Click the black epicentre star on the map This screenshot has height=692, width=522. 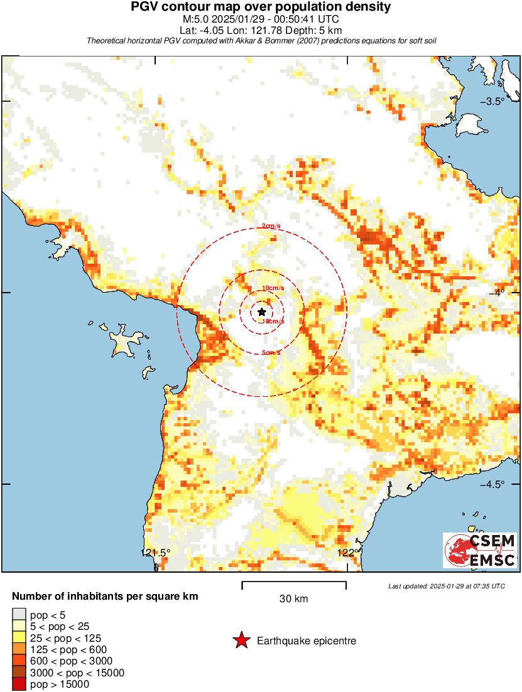261,311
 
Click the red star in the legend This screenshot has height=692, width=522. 241,641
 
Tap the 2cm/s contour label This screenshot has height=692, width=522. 271,226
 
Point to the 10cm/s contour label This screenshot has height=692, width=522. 271,288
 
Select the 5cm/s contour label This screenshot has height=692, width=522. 271,353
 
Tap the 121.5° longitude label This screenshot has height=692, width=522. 155,553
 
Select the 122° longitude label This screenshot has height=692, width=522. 346,553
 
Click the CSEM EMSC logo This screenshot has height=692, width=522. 481,551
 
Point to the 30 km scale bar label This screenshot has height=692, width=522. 293,598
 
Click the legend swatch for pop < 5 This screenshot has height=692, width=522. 19,615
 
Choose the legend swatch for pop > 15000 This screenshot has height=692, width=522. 19,684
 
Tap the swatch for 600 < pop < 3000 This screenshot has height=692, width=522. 19,661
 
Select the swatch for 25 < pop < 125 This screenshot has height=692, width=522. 19,638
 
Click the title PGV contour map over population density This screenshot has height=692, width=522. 261,7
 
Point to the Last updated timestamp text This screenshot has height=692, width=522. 446,586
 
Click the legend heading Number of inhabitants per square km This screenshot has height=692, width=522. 106,596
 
